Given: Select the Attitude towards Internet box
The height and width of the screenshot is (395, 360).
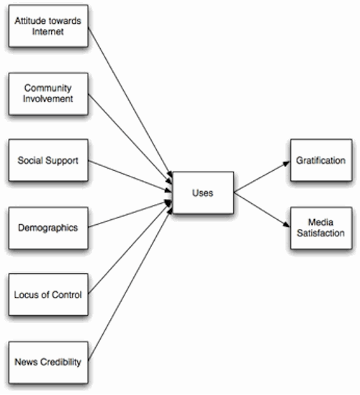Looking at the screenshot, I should click(48, 27).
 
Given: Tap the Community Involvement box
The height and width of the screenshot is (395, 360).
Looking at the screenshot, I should click(48, 93).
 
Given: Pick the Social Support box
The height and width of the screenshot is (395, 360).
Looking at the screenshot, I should click(48, 159).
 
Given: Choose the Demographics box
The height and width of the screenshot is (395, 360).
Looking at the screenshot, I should click(48, 227).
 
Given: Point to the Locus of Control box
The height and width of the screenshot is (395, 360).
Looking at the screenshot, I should click(48, 294).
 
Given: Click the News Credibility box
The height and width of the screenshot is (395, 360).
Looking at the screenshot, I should click(48, 360).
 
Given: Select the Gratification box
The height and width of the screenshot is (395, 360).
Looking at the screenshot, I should click(321, 161).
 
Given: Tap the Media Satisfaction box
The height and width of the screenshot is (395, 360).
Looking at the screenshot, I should click(321, 228).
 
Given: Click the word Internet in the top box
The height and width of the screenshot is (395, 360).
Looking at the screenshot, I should click(48, 32).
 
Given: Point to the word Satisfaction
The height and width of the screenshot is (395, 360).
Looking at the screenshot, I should click(321, 234).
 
